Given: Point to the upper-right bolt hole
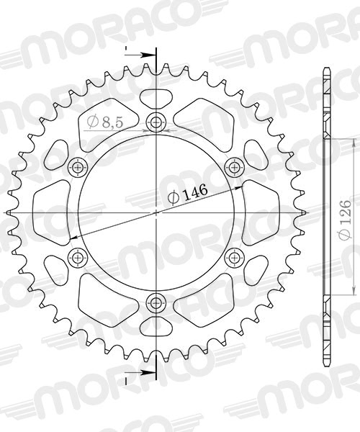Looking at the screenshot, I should tap(234, 168).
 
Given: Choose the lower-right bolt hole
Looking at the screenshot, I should tap(234, 257).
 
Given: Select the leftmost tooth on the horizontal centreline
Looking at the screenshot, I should tap(9, 212).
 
